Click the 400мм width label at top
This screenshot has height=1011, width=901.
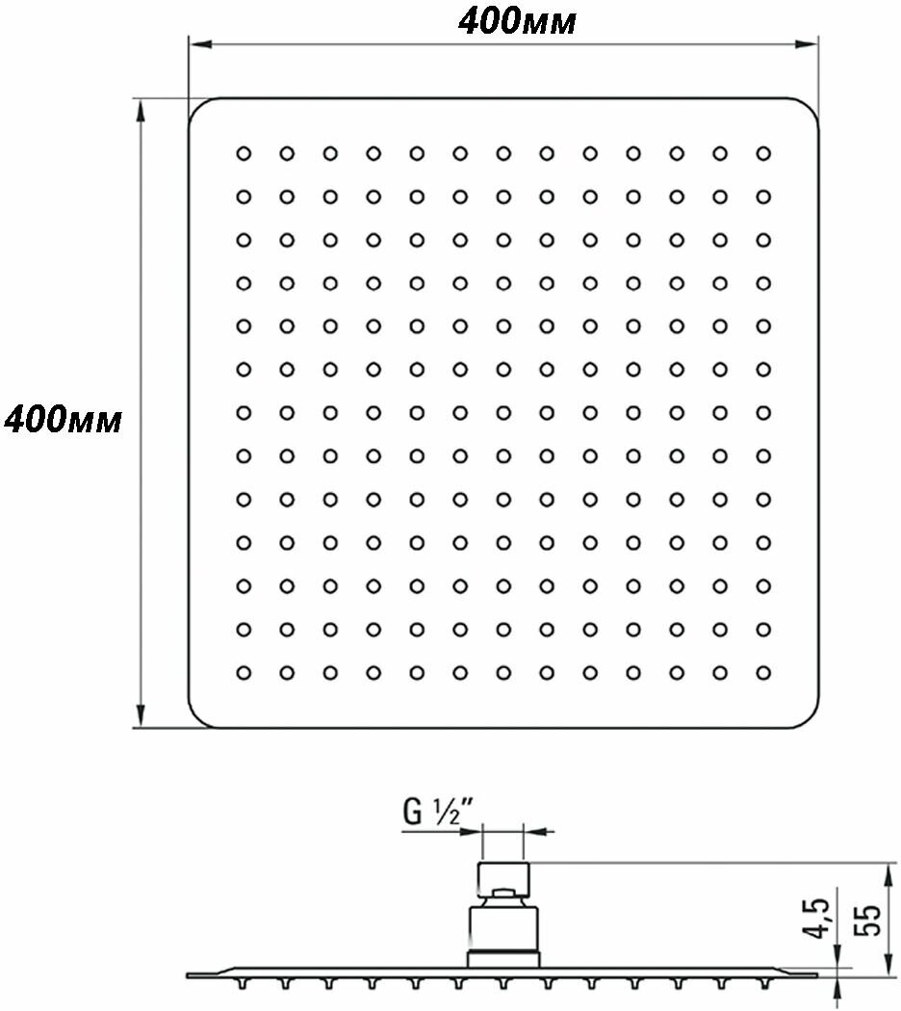(x=517, y=20)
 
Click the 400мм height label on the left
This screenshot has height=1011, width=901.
(x=64, y=420)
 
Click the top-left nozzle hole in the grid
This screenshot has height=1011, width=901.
(x=244, y=153)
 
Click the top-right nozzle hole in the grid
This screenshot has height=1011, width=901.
(x=763, y=153)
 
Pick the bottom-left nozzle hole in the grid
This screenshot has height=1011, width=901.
(x=244, y=672)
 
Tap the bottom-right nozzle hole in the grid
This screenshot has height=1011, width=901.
(x=763, y=672)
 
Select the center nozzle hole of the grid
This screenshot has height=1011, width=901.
(x=503, y=412)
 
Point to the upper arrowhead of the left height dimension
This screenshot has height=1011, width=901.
(x=142, y=108)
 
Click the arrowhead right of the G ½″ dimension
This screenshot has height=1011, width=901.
(x=533, y=830)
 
